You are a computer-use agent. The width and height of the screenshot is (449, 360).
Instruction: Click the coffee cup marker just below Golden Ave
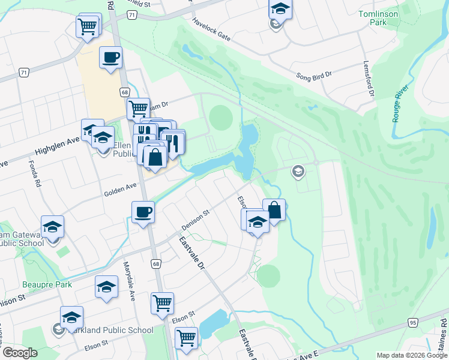point(143,212)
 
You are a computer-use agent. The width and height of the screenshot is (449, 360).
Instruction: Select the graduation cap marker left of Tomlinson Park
point(279,10)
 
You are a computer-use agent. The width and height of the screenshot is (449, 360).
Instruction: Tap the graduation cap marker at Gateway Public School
point(53,227)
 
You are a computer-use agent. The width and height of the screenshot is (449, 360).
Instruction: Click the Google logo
point(20,353)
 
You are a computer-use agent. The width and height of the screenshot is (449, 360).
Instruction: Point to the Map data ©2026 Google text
point(412,355)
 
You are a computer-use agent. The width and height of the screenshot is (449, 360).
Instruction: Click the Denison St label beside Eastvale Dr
point(195,221)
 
